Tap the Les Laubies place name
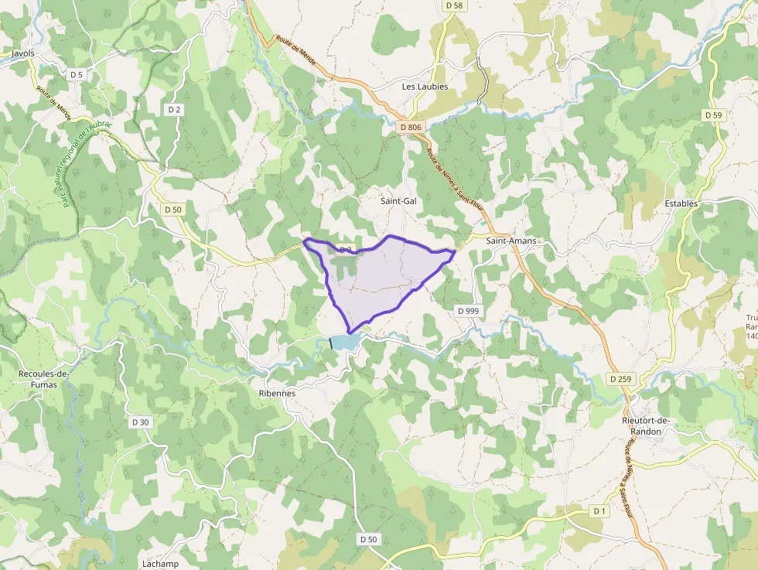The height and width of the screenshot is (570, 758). pos(425,87)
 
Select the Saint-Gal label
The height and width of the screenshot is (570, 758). pos(398,201)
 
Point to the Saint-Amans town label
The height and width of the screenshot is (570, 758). pos(510,241)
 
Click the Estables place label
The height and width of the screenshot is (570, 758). pos(681,203)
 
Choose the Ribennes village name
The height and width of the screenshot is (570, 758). pos(277,393)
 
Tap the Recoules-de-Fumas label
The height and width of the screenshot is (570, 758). pos(43,379)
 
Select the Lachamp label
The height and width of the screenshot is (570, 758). pos(160,564)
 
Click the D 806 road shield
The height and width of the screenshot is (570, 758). pos(411,127)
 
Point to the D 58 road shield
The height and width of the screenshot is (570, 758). pos(454,5)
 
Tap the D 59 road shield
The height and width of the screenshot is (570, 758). pos(713,115)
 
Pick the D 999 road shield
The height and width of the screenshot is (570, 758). pos(468,311)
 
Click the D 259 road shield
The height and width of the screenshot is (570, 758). pos(620,379)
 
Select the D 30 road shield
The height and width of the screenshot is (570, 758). pos(140,422)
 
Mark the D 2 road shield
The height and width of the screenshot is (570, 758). pos(174,110)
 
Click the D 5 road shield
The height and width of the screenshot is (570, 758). pos(76,75)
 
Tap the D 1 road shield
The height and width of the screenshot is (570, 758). pos(599,511)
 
